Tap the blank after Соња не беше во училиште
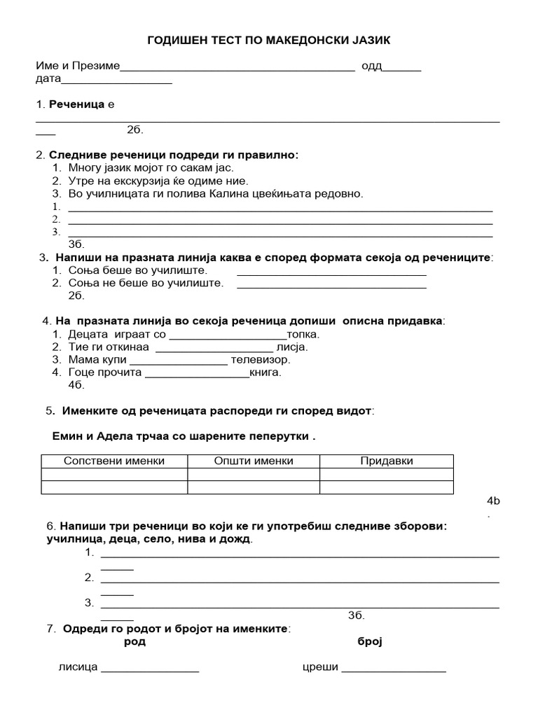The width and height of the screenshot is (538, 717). pyautogui.click(x=331, y=285)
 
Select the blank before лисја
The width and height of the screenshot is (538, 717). pyautogui.click(x=214, y=347)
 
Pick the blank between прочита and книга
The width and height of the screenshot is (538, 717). pyautogui.click(x=196, y=373)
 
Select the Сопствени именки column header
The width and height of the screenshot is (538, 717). pyautogui.click(x=114, y=461)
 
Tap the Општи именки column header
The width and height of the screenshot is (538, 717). pyautogui.click(x=254, y=461)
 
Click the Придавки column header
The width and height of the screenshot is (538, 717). pyautogui.click(x=387, y=461)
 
